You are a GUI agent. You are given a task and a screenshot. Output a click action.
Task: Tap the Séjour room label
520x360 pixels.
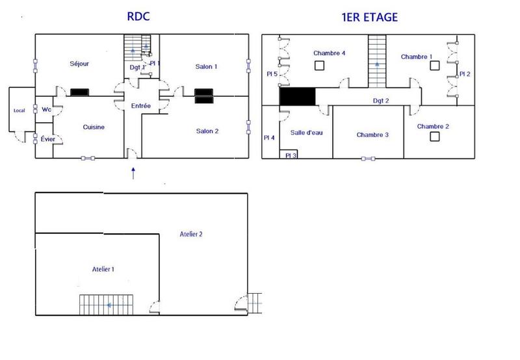[79, 64]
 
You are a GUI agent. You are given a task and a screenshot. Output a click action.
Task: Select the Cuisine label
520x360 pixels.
[94, 127]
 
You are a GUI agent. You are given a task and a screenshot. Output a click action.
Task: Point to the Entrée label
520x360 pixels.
[140, 105]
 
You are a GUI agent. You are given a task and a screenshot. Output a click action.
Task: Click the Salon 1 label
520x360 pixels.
[206, 66]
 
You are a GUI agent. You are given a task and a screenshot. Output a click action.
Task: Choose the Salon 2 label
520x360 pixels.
[207, 131]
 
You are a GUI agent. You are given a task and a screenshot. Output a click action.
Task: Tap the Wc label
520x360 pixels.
[47, 109]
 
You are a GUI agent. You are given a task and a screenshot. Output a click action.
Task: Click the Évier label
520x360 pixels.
[47, 140]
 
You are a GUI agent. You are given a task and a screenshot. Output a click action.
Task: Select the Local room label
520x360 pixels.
[19, 110]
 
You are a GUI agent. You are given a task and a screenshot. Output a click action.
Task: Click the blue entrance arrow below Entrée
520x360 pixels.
[134, 173]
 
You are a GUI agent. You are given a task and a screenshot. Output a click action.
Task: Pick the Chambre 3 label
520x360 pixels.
[372, 135]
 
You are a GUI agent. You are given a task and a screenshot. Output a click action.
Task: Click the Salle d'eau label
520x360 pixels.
[307, 133]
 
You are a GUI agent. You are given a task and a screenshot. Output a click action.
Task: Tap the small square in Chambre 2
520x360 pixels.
[434, 136]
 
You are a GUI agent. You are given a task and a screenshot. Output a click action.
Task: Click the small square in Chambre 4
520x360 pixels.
[318, 65]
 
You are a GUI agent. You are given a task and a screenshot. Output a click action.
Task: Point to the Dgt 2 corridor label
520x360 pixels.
[381, 101]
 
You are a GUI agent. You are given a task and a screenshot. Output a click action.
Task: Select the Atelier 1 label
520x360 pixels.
[103, 268]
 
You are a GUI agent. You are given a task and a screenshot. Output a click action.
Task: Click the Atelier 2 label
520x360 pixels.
[191, 234]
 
